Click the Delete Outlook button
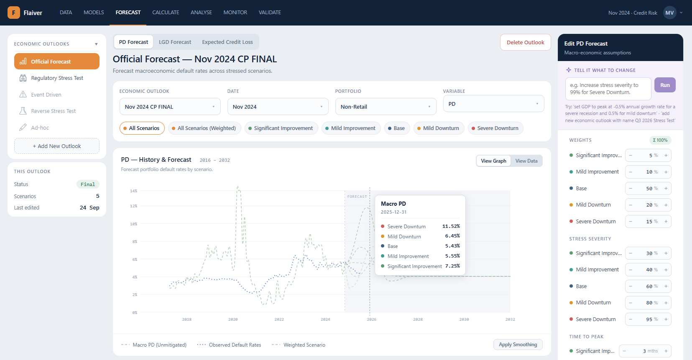click(525, 42)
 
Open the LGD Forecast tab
click(175, 42)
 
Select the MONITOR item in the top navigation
click(235, 13)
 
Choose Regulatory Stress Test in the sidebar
click(57, 78)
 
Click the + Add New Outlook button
click(57, 146)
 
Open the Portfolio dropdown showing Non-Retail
click(386, 107)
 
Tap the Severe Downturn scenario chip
click(495, 128)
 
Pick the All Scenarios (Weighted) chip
click(204, 128)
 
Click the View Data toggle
click(526, 161)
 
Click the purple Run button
click(665, 85)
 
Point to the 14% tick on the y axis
click(133, 191)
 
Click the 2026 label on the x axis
click(371, 319)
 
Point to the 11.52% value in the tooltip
click(451, 226)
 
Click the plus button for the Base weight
click(666, 189)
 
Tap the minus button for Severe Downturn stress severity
click(631, 319)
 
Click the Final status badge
click(88, 184)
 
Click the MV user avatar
click(669, 13)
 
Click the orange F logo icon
click(14, 13)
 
